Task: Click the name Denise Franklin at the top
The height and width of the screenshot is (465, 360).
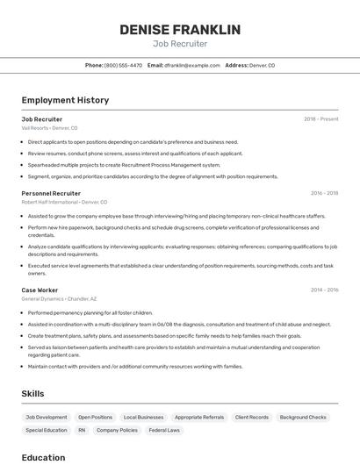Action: click(x=180, y=30)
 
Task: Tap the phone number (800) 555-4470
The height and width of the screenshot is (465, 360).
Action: click(x=123, y=65)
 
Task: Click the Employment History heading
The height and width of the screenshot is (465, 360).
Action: click(x=65, y=100)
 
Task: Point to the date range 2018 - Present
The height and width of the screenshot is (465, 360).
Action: click(x=320, y=118)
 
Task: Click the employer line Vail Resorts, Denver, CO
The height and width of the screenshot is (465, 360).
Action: click(x=49, y=128)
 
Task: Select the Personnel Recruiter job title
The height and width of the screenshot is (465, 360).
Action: click(x=51, y=193)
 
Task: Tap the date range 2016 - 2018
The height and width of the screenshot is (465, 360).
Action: click(x=324, y=193)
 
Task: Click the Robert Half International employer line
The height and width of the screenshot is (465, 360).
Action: click(x=65, y=202)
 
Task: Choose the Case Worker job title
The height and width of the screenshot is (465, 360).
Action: click(x=40, y=290)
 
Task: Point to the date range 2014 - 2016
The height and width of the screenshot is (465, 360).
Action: click(x=324, y=290)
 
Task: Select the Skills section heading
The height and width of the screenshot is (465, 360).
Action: click(x=32, y=394)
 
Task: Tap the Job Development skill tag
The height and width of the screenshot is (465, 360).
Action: click(x=47, y=418)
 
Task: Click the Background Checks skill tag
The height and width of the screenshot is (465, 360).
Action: click(x=303, y=418)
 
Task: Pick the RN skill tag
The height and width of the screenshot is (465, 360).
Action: click(x=82, y=431)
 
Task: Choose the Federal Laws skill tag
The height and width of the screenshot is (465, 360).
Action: click(x=164, y=431)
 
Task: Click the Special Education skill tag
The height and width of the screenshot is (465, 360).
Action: click(x=47, y=431)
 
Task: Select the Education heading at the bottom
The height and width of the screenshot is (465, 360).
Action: click(x=43, y=457)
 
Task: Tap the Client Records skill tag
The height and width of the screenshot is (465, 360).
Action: click(x=252, y=418)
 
